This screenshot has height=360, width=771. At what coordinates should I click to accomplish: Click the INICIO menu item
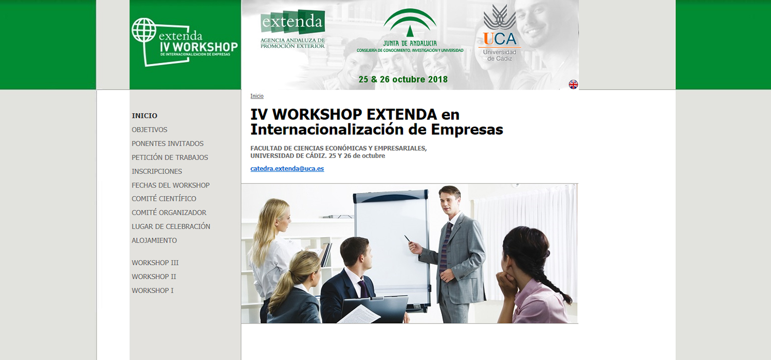coord(144,116)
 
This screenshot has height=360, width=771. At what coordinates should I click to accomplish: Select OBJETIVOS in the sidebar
coord(150,130)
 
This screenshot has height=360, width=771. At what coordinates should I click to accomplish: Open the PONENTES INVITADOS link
coord(168,143)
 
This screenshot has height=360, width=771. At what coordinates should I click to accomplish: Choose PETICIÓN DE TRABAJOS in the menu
coord(170,157)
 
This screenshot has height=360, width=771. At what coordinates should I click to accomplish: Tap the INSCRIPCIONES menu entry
coord(157,171)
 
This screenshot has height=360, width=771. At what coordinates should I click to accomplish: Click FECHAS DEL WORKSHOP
coord(171,185)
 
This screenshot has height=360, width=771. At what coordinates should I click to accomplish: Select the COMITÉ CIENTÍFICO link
coord(164,199)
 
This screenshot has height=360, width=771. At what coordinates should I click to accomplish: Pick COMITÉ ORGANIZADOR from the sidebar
coord(169,212)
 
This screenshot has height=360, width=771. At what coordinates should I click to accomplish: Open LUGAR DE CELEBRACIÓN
coord(171,226)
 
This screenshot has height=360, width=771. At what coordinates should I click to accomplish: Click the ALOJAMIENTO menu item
coord(154,240)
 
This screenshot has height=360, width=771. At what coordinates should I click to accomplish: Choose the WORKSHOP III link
coord(155,263)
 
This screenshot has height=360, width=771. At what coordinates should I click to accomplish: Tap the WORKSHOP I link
coord(153,291)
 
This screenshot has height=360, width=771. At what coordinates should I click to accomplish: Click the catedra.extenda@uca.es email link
coord(287,169)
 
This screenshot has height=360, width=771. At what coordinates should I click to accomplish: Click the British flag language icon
coord(573,84)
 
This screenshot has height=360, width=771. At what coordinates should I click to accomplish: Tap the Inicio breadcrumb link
coord(257,96)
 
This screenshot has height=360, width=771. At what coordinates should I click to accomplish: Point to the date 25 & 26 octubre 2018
coord(403,80)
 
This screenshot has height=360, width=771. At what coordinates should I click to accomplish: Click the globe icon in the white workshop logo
coord(143,30)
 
